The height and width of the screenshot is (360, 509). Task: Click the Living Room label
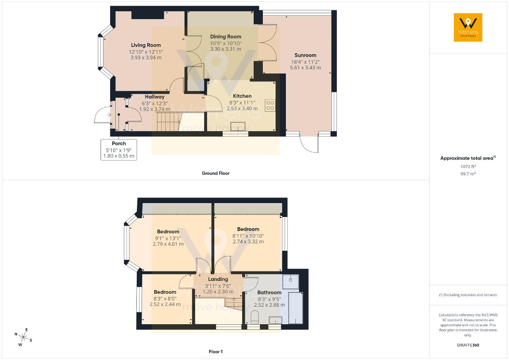click(x=146, y=45)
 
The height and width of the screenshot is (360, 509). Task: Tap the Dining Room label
click(x=225, y=37)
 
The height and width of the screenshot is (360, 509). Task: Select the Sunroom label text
click(x=305, y=55)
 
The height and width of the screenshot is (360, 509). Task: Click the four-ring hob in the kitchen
click(x=270, y=106)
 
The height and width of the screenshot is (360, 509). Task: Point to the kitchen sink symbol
click(x=238, y=127)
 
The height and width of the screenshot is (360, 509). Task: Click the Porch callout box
click(x=119, y=150)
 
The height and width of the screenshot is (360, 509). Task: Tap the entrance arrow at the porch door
click(x=109, y=115)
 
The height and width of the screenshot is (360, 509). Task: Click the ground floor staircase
click(x=168, y=122)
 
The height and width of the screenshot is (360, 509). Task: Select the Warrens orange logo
click(x=468, y=27)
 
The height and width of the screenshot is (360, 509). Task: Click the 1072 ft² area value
click(x=468, y=166)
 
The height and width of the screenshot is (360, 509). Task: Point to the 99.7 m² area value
click(x=468, y=174)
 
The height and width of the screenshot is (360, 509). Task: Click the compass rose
click(x=23, y=337)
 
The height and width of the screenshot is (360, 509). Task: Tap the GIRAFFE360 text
click(x=468, y=345)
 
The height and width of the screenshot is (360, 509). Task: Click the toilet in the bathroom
click(x=255, y=317)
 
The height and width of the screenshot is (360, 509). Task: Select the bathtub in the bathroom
click(x=295, y=308)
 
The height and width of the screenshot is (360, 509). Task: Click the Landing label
click(x=218, y=279)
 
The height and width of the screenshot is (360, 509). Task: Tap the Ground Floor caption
click(x=216, y=173)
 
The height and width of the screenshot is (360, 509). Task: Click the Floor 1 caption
click(x=216, y=352)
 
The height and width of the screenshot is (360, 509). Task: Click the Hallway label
click(x=155, y=97)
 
